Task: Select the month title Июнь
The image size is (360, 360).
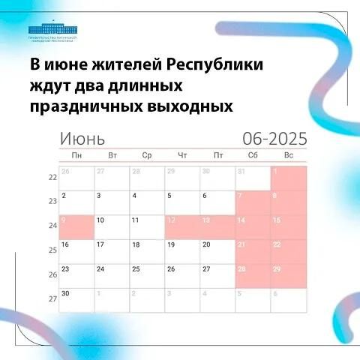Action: coord(82,139)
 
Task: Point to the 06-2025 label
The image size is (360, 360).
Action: coord(274,139)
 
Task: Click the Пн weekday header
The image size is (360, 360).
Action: coord(76,155)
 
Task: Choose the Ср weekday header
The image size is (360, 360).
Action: coord(147,155)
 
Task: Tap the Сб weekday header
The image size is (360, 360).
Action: coord(252,155)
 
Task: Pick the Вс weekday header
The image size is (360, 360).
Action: coord(289,155)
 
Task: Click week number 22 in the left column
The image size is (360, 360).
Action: coord(52,178)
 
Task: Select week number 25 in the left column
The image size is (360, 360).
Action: coord(52,250)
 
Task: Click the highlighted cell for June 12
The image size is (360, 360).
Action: coord(182,227)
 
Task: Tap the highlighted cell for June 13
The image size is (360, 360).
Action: coord(217,227)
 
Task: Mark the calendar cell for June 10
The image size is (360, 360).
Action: coord(112,227)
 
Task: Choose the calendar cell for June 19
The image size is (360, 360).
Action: coord(182,251)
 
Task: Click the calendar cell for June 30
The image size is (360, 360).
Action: coord(76,299)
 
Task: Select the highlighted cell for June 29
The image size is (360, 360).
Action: coord(289,275)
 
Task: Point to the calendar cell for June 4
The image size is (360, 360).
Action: coord(147,202)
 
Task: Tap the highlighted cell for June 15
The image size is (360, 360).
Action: coord(289,227)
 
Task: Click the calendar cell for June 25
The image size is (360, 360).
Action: coord(147,275)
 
